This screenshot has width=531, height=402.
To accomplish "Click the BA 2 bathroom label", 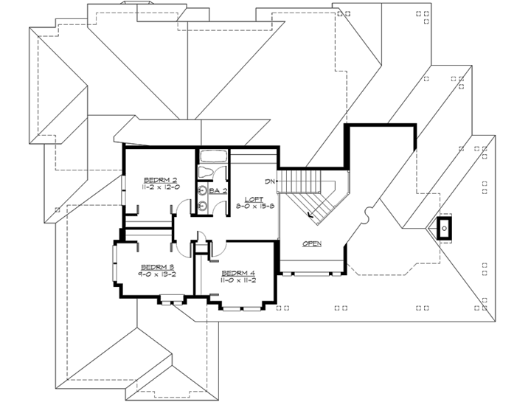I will pos(217,191).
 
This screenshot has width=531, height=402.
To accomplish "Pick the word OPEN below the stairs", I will pos(312,243).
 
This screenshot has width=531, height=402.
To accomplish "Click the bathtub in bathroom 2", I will pos(215,156).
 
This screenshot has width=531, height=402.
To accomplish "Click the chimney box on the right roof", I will pos(445,229).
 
